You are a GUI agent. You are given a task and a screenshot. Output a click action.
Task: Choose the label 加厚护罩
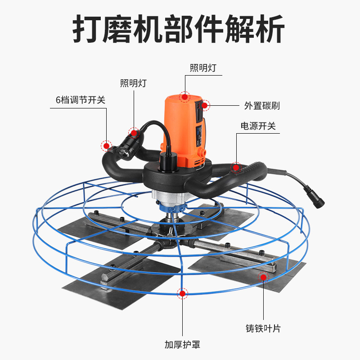[182, 346]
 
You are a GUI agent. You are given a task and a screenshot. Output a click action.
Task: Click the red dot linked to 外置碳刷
[205, 105]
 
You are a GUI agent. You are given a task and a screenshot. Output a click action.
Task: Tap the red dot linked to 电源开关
[235, 167]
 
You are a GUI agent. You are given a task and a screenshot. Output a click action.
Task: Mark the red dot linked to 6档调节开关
[106, 145]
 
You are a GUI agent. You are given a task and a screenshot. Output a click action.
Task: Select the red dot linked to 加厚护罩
[182, 294]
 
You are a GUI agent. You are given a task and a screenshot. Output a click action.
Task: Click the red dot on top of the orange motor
[184, 96]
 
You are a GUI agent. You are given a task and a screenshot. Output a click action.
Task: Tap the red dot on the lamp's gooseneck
[133, 132]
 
